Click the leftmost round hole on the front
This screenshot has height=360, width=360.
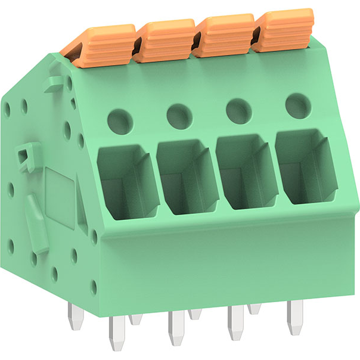[x=120, y=118]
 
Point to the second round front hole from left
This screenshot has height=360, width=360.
[x=178, y=114]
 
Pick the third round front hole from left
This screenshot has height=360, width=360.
[x=238, y=110]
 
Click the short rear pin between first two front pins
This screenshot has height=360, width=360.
[x=136, y=319]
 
